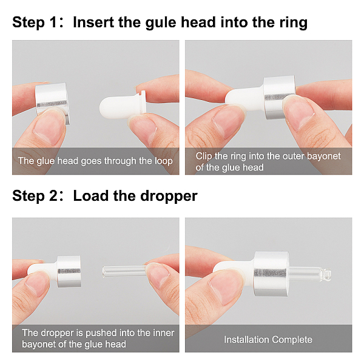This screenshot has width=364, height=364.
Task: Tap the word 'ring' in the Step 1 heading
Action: [x=293, y=22]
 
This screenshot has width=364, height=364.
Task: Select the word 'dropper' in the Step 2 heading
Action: [x=169, y=196]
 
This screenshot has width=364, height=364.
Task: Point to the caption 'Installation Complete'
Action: [x=268, y=340]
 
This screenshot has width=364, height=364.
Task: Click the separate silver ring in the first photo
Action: [x=52, y=102]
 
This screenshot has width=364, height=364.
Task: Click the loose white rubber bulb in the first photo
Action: [x=123, y=107]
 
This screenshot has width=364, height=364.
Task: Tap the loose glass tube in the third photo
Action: [x=124, y=272]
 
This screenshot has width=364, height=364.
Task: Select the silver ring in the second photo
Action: [x=278, y=97]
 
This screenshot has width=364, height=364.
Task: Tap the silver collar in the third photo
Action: [x=69, y=271]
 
